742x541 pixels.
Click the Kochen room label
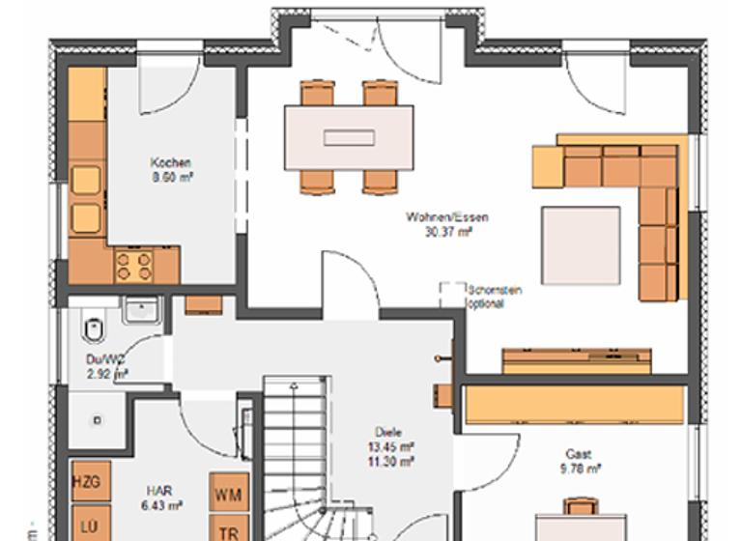point(170,162)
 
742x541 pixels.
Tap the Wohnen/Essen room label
point(446,218)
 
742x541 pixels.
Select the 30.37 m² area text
point(447,232)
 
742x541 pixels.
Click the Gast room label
point(580,454)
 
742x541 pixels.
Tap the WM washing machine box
point(228,495)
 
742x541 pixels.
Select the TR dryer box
point(228,530)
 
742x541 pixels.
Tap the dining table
point(349,137)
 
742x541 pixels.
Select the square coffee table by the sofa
point(581,246)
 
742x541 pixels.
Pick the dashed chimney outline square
point(451,294)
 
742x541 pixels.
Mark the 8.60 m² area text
point(170,177)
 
